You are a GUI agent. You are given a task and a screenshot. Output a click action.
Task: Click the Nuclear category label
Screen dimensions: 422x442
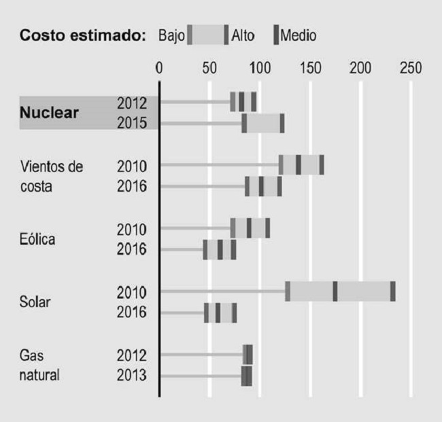click(49, 113)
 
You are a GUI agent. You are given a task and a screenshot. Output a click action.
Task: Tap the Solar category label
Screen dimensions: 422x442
click(36, 302)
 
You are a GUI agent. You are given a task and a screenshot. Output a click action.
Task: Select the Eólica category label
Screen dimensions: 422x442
click(38, 239)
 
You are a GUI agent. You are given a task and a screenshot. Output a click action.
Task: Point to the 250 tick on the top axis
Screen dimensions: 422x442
click(410, 69)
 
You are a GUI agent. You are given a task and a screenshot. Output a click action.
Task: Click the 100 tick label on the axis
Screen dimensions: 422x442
click(260, 69)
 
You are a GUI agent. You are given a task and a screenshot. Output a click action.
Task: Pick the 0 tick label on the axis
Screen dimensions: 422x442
click(159, 69)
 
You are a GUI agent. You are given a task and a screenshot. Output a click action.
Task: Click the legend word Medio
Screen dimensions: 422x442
click(298, 35)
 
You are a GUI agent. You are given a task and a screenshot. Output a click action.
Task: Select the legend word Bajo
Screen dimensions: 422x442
click(171, 35)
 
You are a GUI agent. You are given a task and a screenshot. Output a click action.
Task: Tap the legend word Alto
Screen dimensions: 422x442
click(243, 35)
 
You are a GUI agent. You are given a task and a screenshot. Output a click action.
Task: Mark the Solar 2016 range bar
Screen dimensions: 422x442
click(220, 313)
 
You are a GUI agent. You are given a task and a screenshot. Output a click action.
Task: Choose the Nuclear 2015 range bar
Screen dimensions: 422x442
click(263, 124)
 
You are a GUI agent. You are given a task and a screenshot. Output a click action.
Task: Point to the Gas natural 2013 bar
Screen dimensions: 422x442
click(247, 376)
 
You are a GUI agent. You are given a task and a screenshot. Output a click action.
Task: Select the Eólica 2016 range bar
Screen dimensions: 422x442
click(220, 249)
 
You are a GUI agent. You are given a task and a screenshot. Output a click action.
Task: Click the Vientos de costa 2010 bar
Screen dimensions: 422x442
click(301, 165)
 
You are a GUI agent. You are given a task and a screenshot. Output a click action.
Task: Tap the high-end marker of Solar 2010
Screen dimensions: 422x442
click(393, 291)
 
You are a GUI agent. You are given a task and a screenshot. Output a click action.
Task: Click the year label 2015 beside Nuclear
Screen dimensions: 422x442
click(132, 124)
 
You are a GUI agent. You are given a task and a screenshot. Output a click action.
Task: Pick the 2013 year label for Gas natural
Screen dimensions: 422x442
click(132, 376)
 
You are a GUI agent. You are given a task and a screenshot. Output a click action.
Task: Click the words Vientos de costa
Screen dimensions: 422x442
click(52, 176)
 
